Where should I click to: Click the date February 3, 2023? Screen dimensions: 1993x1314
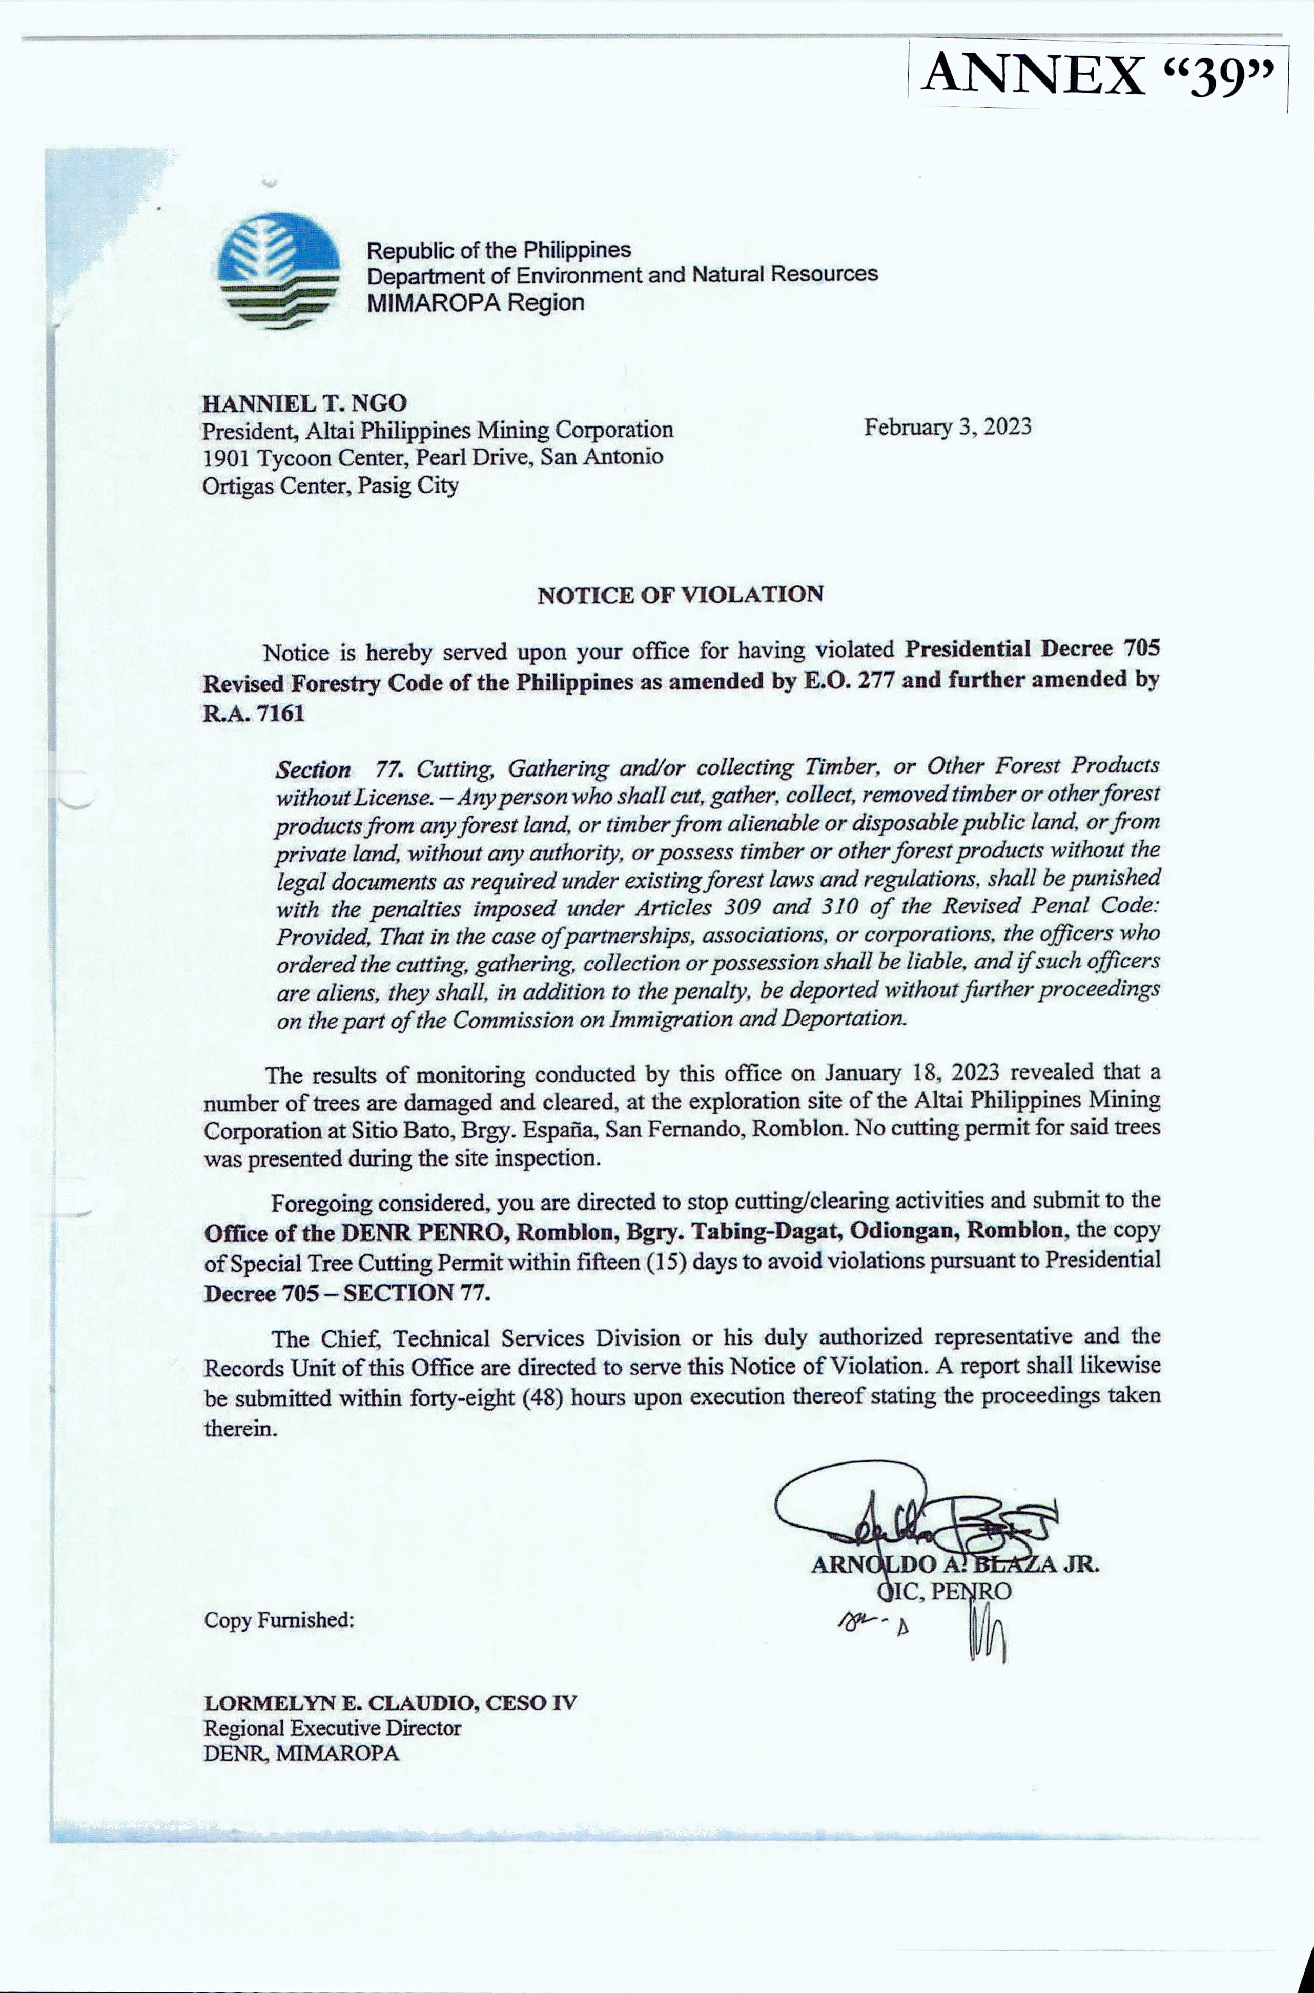coord(948,428)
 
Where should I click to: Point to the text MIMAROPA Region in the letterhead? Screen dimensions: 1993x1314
coord(475,302)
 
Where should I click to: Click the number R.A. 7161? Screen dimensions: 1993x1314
coord(254,713)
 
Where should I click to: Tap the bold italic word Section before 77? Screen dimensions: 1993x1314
coord(314,769)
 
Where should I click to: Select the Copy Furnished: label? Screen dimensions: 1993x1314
coord(279,1619)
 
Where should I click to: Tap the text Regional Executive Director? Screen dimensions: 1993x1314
coord(332,1727)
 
